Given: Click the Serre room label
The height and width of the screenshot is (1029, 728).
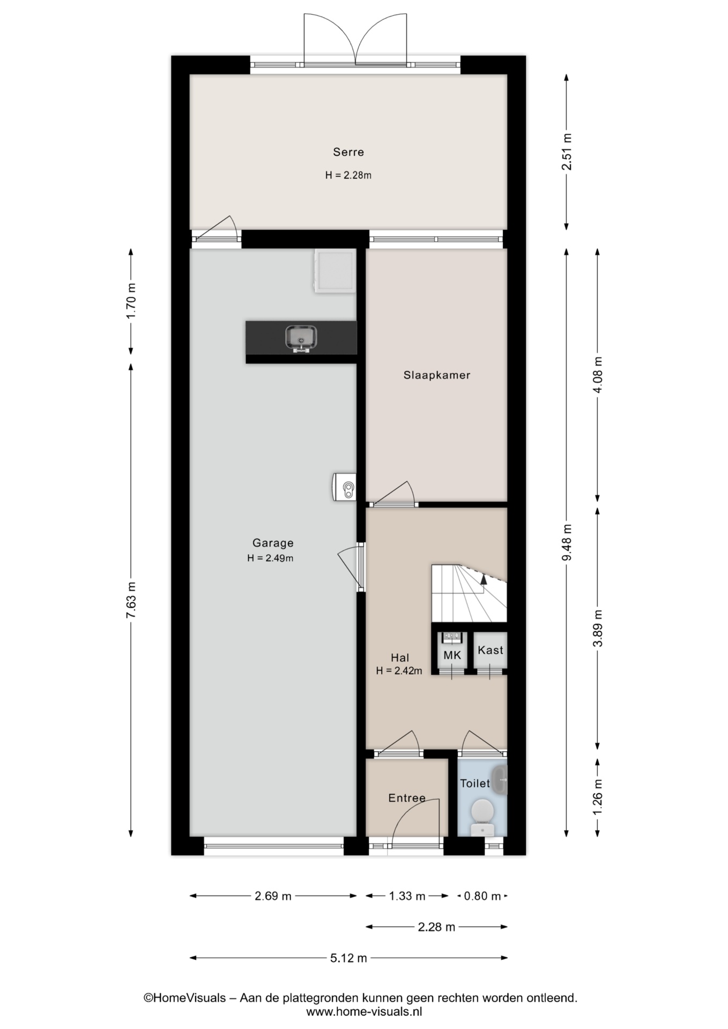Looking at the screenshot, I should click(x=348, y=152).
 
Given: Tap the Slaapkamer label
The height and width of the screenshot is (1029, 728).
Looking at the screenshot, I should click(x=436, y=375).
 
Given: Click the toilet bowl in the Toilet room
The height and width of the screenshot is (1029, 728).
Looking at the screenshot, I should click(x=482, y=812).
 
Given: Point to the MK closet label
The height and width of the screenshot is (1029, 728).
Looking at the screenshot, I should click(x=452, y=655).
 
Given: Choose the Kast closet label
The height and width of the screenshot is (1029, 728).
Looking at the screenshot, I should click(x=490, y=650).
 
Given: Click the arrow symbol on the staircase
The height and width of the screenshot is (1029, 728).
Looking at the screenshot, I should click(x=484, y=578).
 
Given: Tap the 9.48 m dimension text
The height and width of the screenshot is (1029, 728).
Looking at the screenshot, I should click(x=567, y=542).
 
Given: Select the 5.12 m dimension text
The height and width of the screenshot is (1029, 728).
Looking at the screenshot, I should click(x=348, y=958).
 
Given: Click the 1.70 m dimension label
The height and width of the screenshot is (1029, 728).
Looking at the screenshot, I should click(x=131, y=301).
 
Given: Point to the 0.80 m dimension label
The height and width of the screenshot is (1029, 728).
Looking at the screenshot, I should click(x=482, y=896).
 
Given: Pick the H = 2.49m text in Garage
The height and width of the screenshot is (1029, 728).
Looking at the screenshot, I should click(x=270, y=558).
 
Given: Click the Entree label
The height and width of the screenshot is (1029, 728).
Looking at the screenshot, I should click(x=406, y=798).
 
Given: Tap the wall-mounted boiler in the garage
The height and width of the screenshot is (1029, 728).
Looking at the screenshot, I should click(x=344, y=487).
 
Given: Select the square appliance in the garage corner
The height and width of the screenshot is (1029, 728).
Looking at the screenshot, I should click(x=335, y=271).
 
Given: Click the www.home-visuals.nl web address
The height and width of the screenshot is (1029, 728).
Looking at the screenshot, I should click(x=364, y=1011).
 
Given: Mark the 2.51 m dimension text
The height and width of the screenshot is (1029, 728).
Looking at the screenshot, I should click(x=567, y=152).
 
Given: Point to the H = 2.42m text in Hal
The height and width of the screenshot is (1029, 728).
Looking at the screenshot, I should click(x=399, y=670).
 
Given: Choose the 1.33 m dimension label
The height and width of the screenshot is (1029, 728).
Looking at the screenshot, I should click(x=407, y=896).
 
